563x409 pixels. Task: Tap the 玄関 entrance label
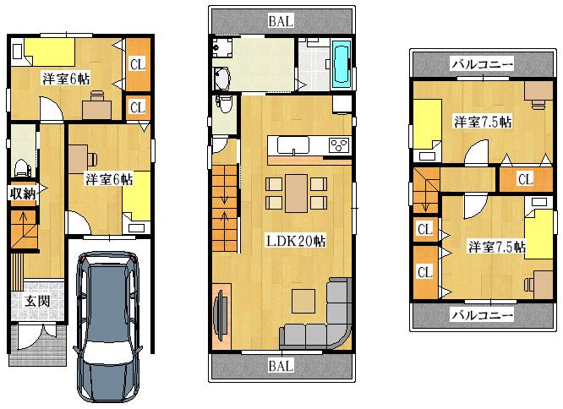[36, 301]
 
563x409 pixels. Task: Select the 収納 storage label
[23, 193]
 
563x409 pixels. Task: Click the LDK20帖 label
[297, 241]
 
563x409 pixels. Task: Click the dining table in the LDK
[296, 194]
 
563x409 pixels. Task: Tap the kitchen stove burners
[340, 144]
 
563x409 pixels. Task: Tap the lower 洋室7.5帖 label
[496, 247]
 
